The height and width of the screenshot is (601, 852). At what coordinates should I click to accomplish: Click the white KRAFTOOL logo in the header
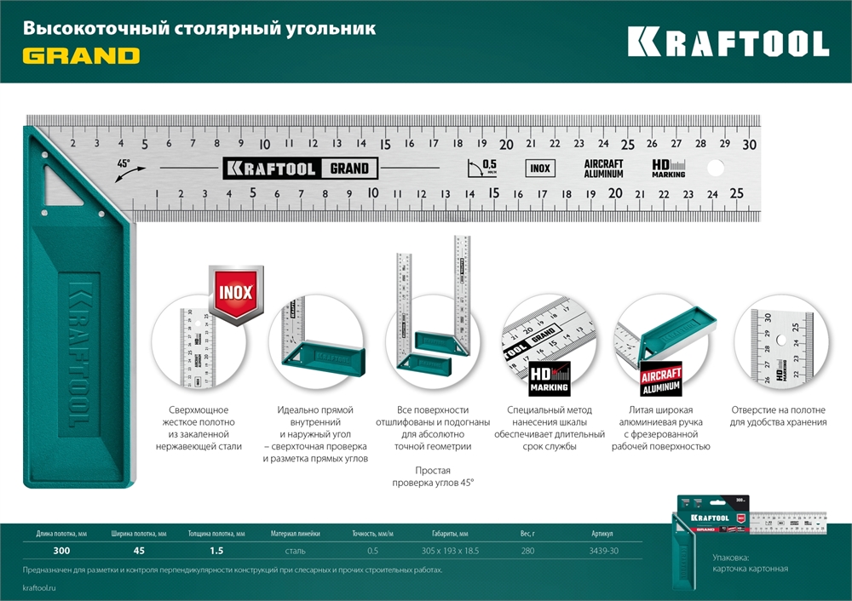click(x=728, y=43)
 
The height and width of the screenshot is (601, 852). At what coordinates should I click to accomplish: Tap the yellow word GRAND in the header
click(x=81, y=56)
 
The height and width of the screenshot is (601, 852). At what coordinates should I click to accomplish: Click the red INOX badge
click(x=236, y=293)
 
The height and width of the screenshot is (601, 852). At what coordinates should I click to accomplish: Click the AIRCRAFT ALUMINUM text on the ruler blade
click(x=603, y=168)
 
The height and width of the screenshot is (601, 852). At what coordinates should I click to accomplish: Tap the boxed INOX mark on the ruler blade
click(x=539, y=168)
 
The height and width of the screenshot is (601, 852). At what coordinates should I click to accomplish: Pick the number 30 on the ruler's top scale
click(x=749, y=144)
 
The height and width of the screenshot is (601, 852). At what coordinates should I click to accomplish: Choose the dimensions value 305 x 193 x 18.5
click(x=450, y=551)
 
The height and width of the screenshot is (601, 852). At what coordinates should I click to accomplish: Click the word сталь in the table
click(x=296, y=551)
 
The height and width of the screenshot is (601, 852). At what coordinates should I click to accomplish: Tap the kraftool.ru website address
click(x=42, y=587)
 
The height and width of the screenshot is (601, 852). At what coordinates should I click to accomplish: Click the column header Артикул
click(x=602, y=534)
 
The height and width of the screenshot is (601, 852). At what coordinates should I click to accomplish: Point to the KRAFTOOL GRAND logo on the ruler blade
click(x=299, y=168)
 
